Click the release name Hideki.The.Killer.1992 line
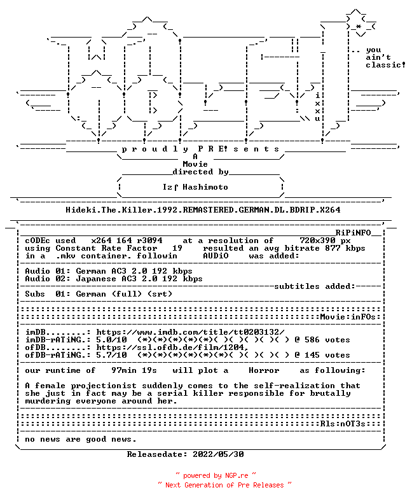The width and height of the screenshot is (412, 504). pos(203,210)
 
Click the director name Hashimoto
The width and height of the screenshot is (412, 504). pos(205,187)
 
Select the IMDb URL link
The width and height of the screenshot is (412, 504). pos(191,332)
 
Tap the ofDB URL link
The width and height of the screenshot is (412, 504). pos(172,347)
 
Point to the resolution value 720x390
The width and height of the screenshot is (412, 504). pos(318,241)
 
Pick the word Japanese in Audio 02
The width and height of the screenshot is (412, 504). pos(96,279)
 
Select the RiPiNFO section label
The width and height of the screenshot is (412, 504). pos(354,233)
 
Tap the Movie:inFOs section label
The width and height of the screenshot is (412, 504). pos(348,317)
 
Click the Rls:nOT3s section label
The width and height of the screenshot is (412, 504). pos(343,424)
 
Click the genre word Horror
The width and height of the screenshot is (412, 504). pos(264,370)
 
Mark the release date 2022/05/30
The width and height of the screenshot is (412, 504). pos(218,454)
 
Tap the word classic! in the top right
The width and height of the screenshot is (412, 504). pos(386,65)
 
